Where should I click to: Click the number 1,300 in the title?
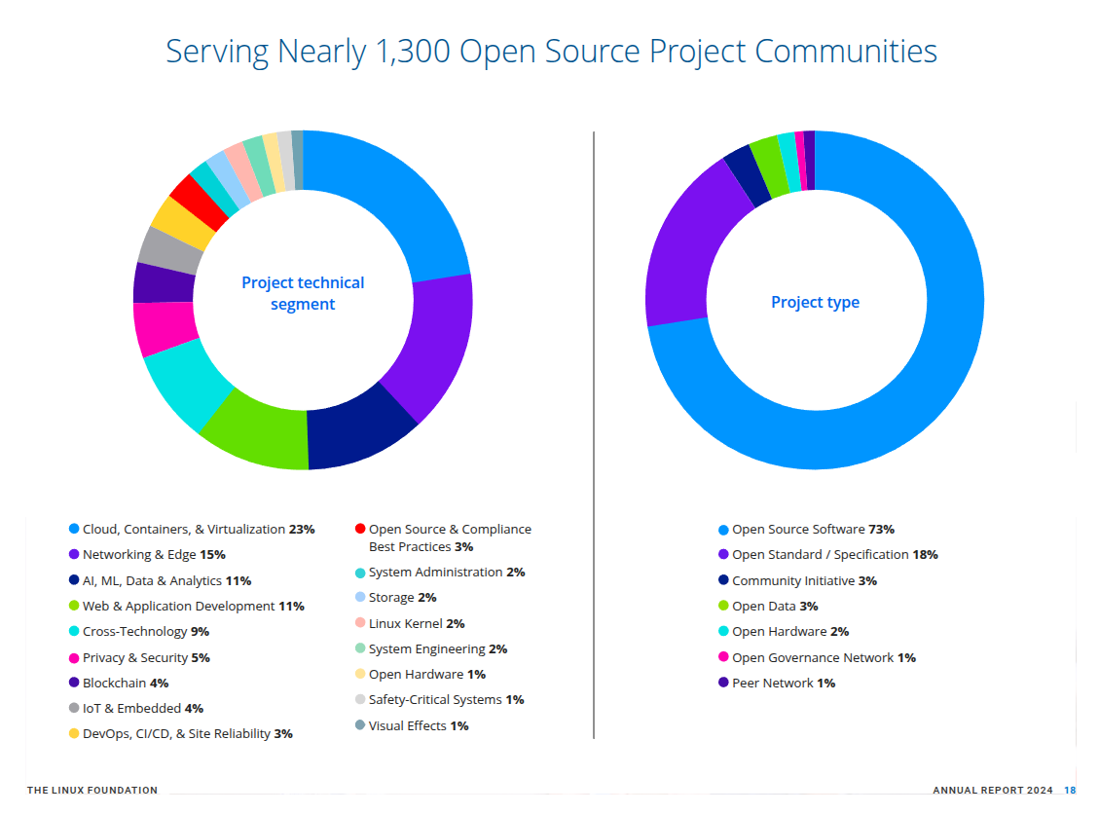click(409, 52)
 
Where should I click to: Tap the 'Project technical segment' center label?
click(303, 293)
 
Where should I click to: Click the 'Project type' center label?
click(815, 302)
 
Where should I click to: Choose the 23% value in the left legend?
click(302, 530)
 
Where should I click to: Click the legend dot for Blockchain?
click(74, 683)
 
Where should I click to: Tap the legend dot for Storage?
click(360, 597)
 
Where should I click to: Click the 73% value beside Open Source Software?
click(881, 530)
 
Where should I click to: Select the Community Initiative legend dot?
click(723, 580)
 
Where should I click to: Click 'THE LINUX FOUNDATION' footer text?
click(92, 790)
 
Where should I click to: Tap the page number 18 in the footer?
click(1070, 790)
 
